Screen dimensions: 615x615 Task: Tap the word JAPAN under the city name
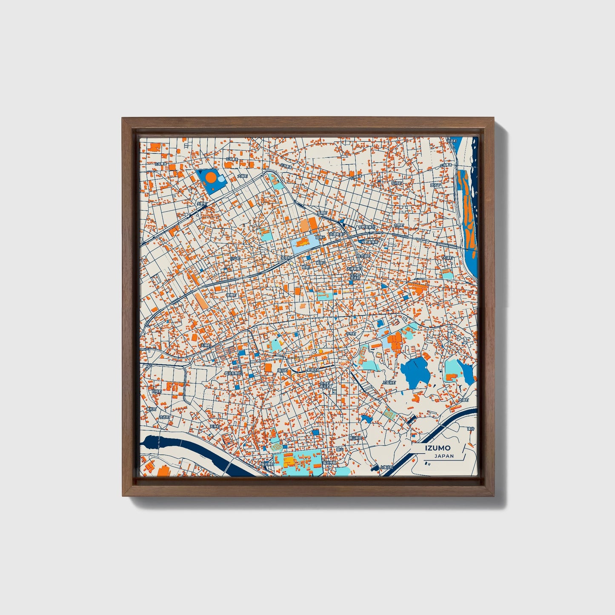[x=444, y=456]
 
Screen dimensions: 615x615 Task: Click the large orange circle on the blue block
[x=211, y=177]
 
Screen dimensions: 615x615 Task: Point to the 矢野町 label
[x=201, y=204]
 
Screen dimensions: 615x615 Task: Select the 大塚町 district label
[x=242, y=175]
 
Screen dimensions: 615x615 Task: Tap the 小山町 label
[x=235, y=258]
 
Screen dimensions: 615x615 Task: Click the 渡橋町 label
[x=231, y=295]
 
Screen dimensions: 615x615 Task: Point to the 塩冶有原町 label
[x=233, y=373]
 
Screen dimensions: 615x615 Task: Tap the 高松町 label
[x=152, y=409]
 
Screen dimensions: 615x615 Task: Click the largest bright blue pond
[x=414, y=371]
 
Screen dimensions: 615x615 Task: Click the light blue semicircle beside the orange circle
[x=222, y=182]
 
